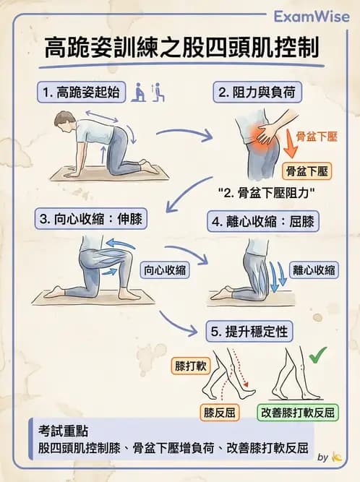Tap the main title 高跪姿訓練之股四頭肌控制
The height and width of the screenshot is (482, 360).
point(180,50)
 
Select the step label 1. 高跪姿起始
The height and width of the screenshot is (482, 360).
point(82,92)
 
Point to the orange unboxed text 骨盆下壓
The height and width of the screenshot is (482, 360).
point(317,136)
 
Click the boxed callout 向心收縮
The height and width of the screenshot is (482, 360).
point(166,270)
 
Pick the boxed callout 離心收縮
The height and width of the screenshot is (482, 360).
point(314,270)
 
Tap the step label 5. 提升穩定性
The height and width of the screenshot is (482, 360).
point(249,332)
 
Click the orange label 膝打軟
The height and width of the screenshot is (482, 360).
point(191,365)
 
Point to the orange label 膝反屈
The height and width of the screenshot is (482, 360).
point(218,413)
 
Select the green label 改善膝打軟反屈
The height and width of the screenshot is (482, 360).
point(296,413)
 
